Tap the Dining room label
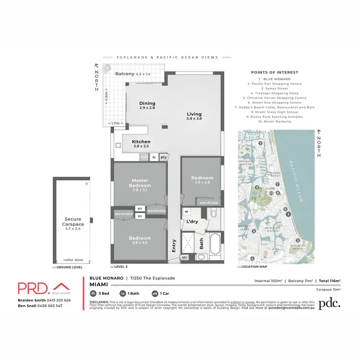pyautogui.click(x=147, y=106)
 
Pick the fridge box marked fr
pyautogui.click(x=154, y=157)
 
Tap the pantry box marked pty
pyautogui.click(x=164, y=157)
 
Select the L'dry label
pyautogui.click(x=192, y=221)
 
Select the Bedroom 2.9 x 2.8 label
pyautogui.click(x=202, y=180)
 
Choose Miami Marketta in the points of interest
pyautogui.click(x=276, y=121)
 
